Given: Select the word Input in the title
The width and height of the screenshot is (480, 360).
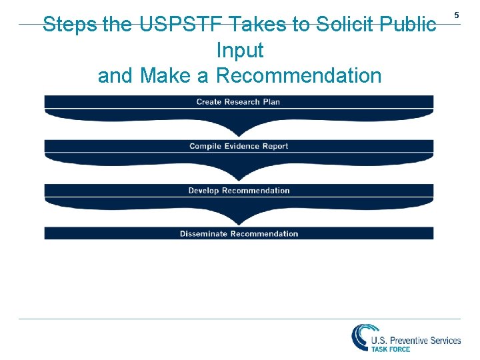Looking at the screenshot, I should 240,51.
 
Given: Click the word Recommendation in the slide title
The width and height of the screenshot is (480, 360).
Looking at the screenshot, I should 299,76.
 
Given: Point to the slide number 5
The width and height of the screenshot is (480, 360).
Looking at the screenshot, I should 457,15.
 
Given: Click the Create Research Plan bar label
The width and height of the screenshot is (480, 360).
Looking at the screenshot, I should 238,102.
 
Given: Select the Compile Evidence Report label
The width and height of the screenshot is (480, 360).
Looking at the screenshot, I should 239,146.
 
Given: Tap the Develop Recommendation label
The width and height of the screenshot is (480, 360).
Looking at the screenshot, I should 239,191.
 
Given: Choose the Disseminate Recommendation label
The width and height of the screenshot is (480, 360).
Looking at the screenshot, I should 239,233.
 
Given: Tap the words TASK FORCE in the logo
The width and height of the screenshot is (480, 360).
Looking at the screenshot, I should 391,349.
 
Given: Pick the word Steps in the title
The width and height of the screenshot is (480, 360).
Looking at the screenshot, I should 69,25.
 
